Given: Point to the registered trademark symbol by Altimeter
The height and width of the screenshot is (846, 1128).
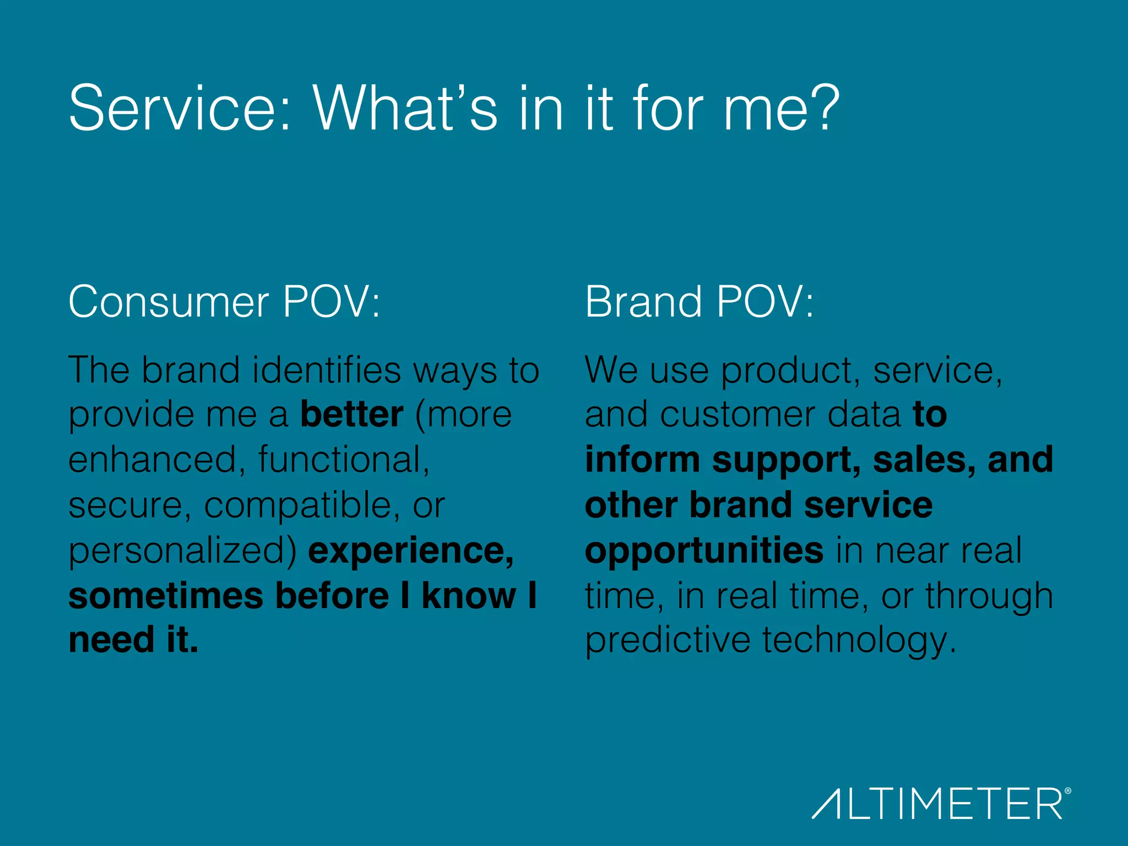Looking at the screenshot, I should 1068,791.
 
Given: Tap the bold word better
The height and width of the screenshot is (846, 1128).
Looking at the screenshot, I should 351,414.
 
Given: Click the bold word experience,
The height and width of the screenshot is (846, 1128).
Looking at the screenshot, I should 411,551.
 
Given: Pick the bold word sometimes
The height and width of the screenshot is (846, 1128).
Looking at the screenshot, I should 166,596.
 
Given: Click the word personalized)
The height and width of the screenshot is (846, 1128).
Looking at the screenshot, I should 182,551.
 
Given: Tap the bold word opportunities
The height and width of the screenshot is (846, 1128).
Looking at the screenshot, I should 704,551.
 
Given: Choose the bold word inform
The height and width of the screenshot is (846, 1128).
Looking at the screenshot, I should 642,460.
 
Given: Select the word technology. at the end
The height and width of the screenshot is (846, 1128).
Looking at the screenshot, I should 859,641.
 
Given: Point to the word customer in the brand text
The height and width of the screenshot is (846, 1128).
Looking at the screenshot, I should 737,414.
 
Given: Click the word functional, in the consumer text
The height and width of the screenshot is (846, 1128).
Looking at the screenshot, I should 344,460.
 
